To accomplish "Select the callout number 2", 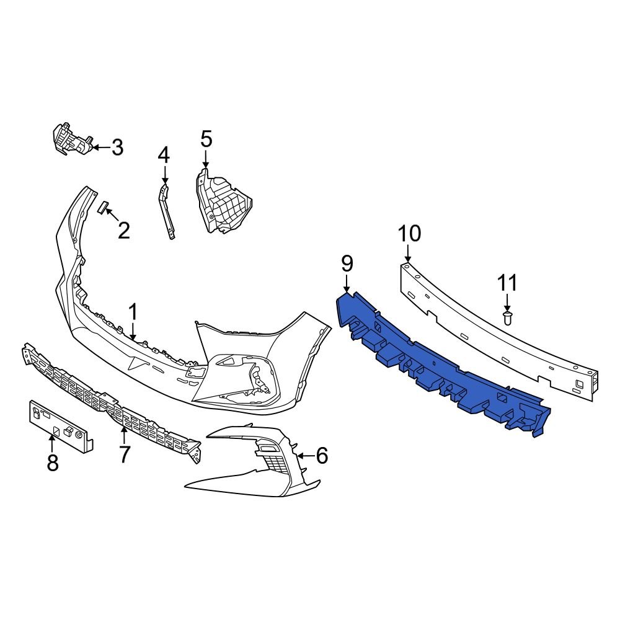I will [x=124, y=231].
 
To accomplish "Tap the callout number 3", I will [x=117, y=148].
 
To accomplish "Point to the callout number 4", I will [x=163, y=155].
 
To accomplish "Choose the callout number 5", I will [x=206, y=139].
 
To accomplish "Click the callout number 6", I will [x=321, y=456].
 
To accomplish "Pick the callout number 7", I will [x=125, y=455].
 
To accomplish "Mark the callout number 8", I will [x=53, y=462].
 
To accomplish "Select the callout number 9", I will [x=347, y=263].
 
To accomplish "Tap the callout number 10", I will [x=409, y=234].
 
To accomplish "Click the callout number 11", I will [x=507, y=283].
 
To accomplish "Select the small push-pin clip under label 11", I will [x=507, y=318].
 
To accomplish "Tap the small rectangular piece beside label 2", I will [x=103, y=206].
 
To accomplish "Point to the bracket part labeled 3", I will [x=71, y=140].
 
